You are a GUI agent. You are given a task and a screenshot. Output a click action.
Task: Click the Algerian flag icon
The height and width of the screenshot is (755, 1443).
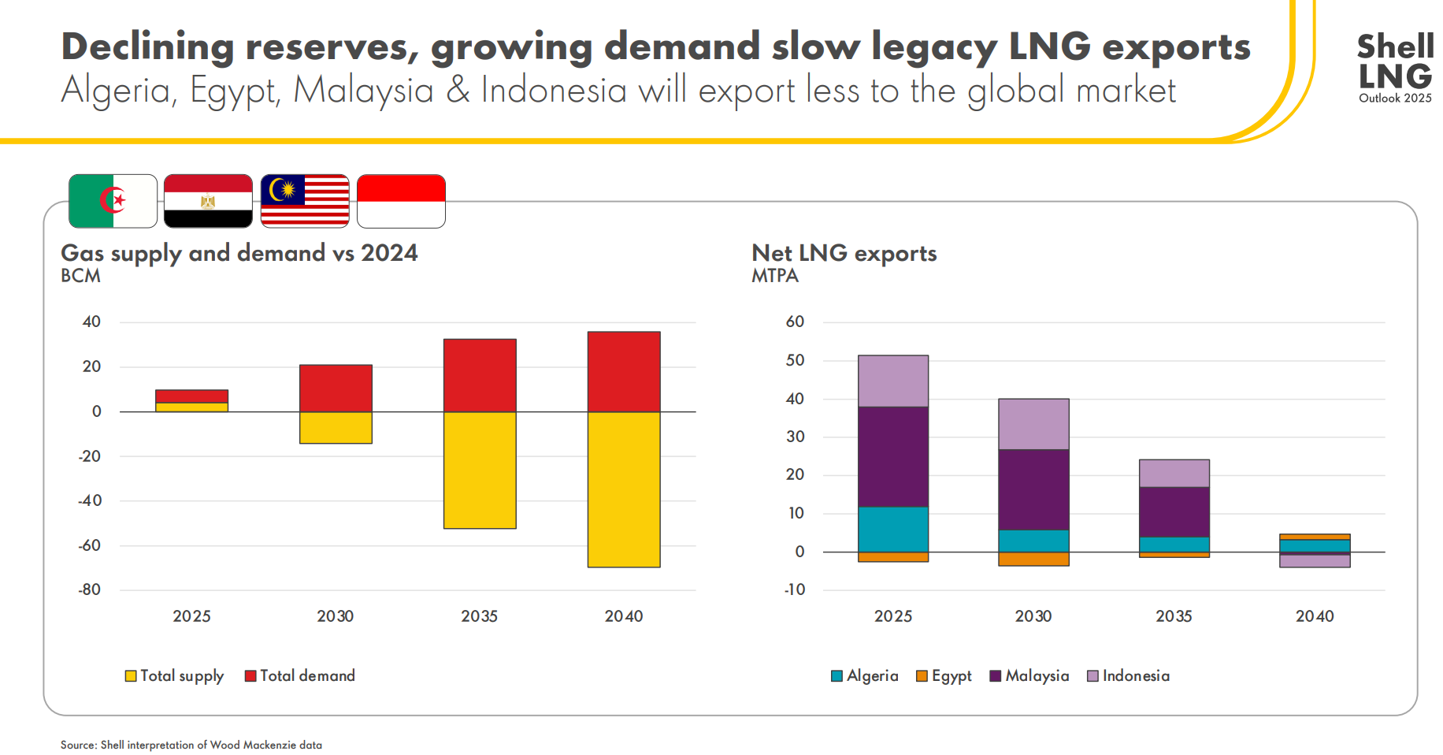click(113, 201)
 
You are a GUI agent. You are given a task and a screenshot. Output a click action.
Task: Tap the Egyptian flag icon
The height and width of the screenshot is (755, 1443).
click(208, 201)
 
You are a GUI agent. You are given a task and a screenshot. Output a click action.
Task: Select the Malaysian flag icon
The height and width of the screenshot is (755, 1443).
click(305, 201)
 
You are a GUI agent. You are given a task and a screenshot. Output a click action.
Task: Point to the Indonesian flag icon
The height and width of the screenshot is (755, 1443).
click(401, 201)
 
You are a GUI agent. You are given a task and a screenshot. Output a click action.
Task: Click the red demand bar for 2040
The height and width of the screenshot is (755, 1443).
click(624, 371)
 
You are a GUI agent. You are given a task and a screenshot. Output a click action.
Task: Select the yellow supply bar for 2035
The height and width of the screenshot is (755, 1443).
click(480, 470)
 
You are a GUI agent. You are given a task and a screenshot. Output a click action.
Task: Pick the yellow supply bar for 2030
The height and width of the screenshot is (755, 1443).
click(336, 427)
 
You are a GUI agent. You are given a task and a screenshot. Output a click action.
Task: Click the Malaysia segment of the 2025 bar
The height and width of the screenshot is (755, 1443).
click(892, 456)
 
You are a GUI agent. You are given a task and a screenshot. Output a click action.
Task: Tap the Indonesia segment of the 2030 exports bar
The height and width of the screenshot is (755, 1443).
click(1033, 424)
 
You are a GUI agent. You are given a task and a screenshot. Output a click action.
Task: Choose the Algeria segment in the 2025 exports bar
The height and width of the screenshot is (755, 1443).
click(892, 529)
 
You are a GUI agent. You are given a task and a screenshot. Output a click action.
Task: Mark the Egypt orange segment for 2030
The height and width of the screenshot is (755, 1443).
click(1033, 559)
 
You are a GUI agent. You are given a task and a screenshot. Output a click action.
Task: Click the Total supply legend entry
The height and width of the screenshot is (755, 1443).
click(174, 675)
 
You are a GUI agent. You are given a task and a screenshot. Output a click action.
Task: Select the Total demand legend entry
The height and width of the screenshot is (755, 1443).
click(299, 675)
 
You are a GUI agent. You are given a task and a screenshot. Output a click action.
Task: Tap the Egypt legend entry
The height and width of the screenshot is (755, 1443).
click(944, 675)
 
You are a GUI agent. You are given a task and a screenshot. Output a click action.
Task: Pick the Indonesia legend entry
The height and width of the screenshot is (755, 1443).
click(1128, 675)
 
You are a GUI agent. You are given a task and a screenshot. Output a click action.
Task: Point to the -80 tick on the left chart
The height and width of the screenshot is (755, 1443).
click(89, 589)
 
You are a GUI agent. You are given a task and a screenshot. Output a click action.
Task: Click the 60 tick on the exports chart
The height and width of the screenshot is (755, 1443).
click(795, 322)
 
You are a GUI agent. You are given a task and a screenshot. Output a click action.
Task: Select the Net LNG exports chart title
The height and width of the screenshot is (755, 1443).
click(844, 253)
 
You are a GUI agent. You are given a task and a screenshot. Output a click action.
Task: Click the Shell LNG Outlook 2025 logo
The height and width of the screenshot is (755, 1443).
click(1395, 68)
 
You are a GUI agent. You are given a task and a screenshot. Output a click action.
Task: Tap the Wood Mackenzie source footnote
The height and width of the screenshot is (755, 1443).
click(191, 745)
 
